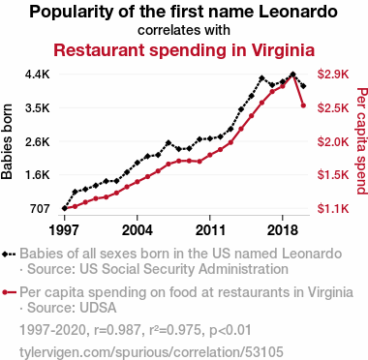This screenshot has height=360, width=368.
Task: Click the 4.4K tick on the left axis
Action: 38,75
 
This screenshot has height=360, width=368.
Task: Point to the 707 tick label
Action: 40,209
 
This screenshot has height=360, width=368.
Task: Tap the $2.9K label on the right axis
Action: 333,75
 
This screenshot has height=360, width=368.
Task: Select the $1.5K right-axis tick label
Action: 333,175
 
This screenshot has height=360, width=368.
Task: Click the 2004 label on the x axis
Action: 138,230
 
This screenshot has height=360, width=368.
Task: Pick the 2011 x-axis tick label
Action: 210,230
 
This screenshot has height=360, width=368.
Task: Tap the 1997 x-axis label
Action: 64,230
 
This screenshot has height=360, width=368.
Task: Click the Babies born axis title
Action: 7,141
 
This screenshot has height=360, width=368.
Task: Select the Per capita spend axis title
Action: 362,141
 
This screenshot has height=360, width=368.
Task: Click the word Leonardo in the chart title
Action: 298,12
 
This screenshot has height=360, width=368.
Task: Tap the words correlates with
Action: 184,30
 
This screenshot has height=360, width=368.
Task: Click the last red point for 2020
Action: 303,105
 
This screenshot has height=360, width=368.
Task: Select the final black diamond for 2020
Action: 303,86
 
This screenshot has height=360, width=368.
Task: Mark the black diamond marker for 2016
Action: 261,78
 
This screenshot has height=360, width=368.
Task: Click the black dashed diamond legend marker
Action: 9,254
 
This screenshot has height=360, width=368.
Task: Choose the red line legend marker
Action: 9,292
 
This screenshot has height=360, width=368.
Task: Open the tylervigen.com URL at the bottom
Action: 151,351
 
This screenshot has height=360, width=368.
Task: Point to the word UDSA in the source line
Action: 98,308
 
